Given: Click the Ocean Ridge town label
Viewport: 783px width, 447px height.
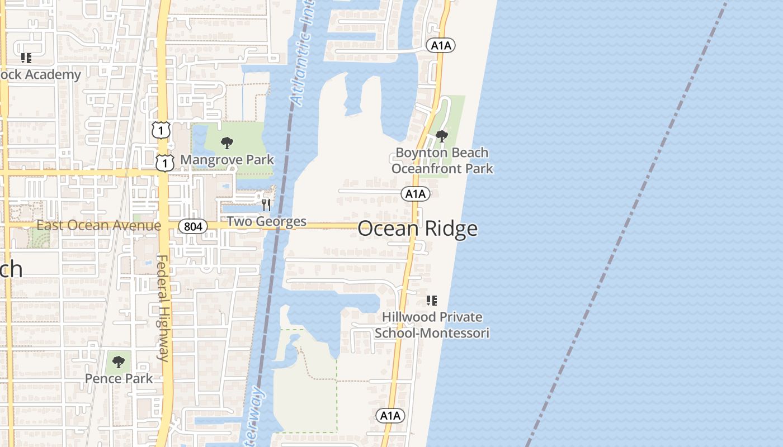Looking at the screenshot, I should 417,229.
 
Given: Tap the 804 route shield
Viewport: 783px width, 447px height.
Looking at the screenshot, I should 193,226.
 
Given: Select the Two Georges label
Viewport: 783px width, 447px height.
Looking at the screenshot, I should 266,222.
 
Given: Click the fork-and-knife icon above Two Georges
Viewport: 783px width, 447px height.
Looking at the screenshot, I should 266,205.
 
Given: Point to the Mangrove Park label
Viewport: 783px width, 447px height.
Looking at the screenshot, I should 227,160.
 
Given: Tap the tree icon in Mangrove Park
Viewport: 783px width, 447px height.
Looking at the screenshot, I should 227,143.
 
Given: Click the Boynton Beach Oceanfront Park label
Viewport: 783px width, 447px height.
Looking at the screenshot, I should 442,160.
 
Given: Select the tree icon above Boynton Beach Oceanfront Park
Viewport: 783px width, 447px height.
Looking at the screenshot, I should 441,136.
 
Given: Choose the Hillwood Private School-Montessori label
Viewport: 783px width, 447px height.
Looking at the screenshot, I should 432,325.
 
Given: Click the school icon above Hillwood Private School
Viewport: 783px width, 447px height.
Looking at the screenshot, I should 431,301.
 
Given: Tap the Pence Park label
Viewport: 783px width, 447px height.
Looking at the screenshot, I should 119,378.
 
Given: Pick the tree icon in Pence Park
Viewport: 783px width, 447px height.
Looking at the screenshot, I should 118,362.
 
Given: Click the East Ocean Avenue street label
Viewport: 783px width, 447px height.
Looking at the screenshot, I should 98,226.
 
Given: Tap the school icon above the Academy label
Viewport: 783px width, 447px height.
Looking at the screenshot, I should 26,58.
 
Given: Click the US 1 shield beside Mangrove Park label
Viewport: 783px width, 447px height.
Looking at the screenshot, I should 164,163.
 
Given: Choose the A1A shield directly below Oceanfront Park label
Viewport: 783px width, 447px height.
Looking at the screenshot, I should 415,194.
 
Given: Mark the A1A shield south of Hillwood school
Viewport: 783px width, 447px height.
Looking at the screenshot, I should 390,415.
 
